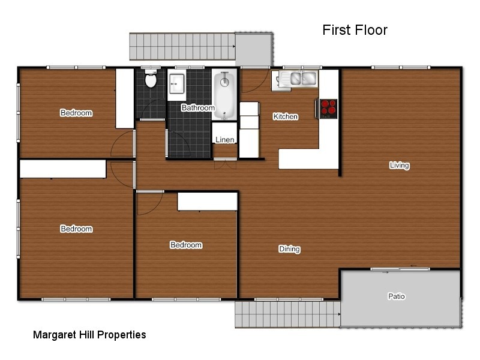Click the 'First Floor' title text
[355, 30]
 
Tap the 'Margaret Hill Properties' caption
[89, 335]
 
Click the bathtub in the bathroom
[224, 95]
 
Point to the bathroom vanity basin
[177, 83]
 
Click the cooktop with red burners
[328, 108]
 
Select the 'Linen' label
[225, 140]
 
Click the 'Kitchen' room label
[286, 116]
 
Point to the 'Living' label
[399, 166]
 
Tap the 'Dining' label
[289, 249]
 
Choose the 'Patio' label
[396, 296]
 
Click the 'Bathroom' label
[198, 108]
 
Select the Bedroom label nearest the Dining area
[186, 245]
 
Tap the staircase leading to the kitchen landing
[182, 46]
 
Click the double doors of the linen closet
[225, 160]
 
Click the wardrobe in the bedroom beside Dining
[208, 202]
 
